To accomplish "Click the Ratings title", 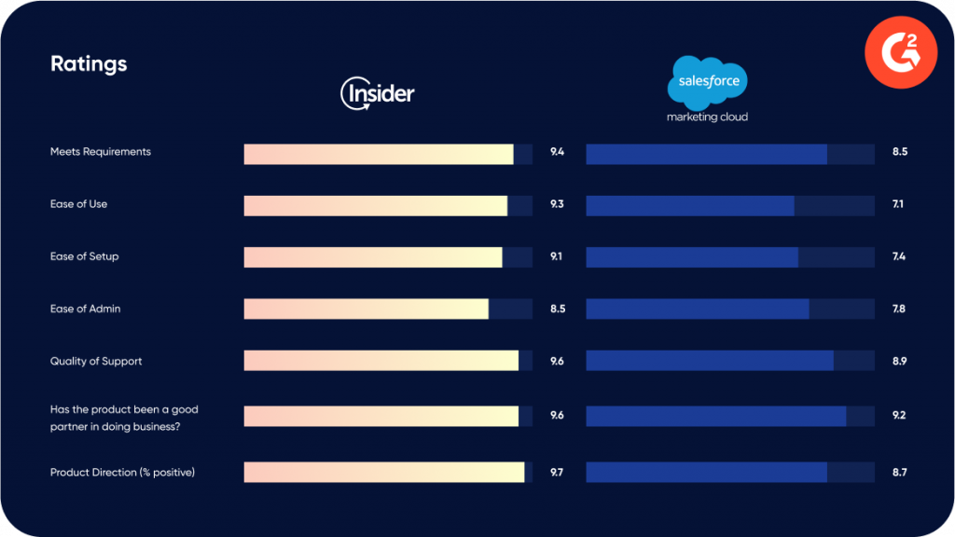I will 89,64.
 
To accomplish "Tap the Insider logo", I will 378,93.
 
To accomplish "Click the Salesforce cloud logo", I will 708,81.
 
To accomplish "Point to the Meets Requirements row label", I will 100,152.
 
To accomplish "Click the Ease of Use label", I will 78,204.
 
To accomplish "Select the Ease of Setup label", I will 84,256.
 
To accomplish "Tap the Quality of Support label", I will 96,361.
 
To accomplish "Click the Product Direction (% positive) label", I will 122,473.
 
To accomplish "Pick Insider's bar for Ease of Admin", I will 367,309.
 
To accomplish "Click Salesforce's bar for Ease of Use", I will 690,205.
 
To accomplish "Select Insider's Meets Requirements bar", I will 379,154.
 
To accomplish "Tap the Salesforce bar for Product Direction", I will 706,473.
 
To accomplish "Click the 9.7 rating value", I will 557,473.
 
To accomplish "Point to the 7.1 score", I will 898,204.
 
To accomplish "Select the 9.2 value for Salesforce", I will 899,415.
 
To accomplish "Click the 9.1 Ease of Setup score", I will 557,256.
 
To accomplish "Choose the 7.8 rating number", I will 899,309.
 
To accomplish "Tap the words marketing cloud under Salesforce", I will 707,117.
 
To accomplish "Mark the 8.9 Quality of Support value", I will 899,361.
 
